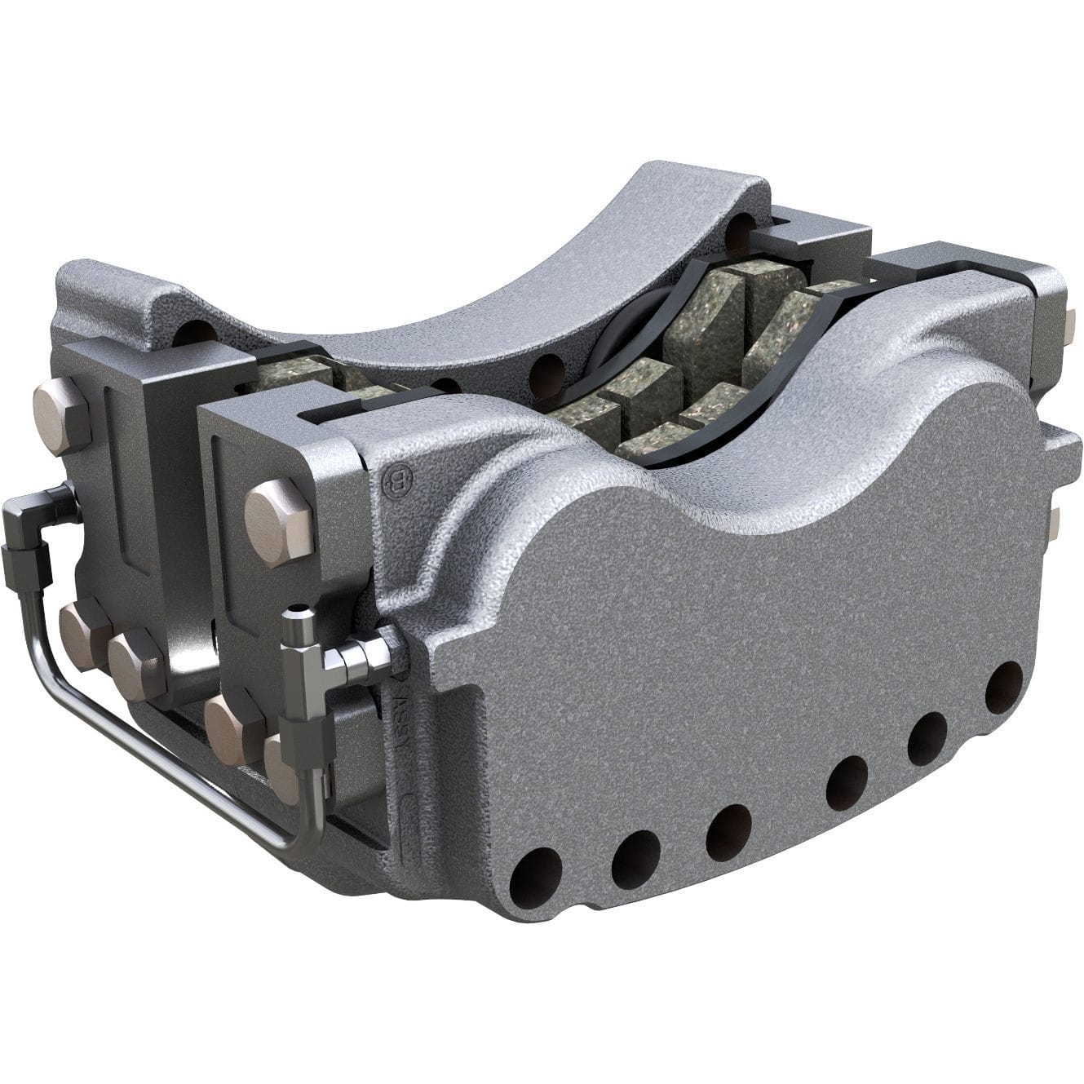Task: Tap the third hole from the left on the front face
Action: (x=728, y=831)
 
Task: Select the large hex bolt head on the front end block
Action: (x=278, y=522)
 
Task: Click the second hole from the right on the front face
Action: (x=927, y=738)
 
